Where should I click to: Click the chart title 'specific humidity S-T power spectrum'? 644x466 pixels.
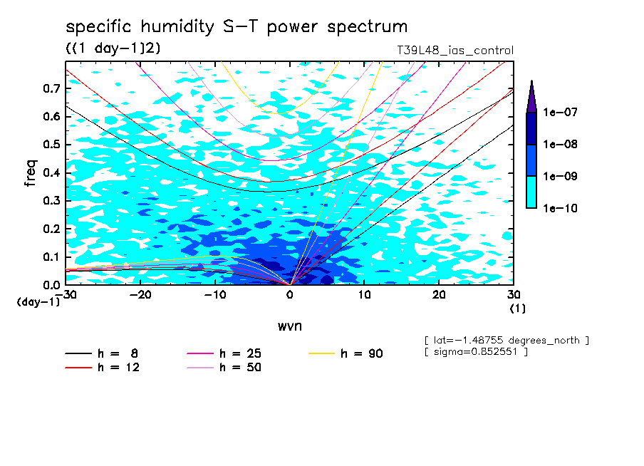pos(237,27)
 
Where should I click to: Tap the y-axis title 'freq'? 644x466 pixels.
pos(31,173)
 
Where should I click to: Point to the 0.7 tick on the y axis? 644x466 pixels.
pos(51,88)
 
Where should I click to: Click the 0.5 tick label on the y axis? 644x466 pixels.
pos(51,145)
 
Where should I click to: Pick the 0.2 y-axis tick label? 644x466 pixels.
pos(51,229)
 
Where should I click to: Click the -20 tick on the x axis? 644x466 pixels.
pos(140,295)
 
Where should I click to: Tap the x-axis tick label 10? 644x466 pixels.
pos(364,295)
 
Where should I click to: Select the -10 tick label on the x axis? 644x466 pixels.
pos(215,295)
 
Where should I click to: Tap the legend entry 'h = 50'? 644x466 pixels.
pos(240,368)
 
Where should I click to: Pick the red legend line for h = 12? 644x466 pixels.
pos(78,368)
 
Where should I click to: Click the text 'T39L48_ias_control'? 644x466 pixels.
pos(455,51)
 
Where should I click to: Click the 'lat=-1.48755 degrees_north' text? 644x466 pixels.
pos(506,340)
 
